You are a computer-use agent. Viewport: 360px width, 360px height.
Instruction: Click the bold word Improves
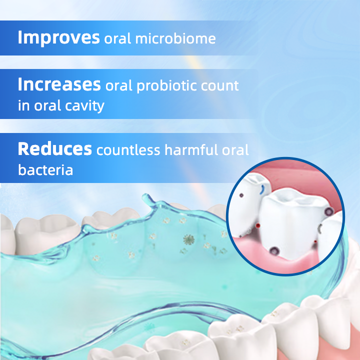coord(58,38)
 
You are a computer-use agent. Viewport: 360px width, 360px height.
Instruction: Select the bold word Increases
coord(59,85)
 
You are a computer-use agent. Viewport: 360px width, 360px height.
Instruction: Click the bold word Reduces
coord(54,149)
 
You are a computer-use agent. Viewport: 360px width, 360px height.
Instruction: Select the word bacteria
coord(45,170)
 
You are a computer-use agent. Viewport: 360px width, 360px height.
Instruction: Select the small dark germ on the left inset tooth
coord(240,195)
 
